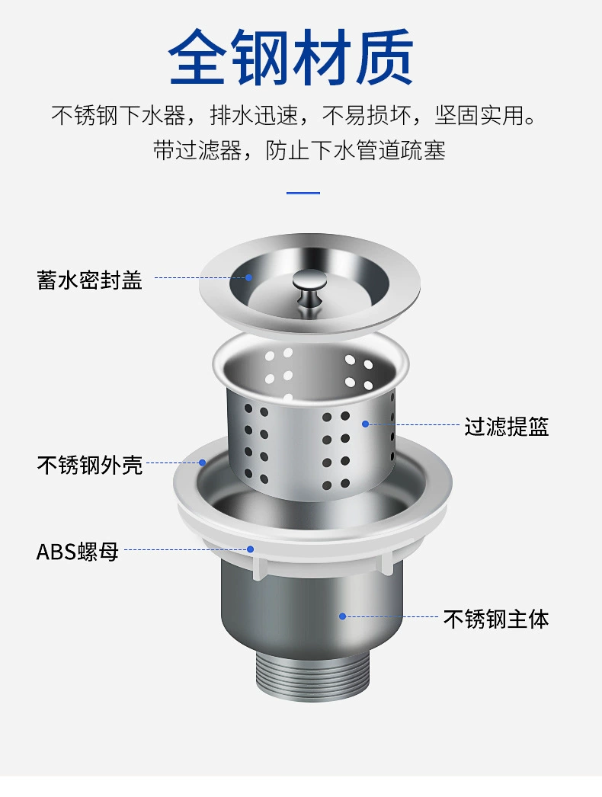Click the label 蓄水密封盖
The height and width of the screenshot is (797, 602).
coord(89,280)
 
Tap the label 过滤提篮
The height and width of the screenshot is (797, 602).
coord(507,426)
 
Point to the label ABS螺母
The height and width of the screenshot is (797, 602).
coord(77,552)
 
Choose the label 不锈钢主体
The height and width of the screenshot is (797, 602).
coord(496,619)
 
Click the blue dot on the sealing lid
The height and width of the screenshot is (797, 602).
coord(248,277)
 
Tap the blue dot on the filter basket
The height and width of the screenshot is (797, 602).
coord(365,424)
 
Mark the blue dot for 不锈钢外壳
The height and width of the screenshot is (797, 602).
coord(203,463)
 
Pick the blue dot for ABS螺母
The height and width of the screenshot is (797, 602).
coord(251,549)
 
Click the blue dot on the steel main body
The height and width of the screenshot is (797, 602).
coord(343,616)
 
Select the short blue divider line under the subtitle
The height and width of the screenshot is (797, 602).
coord(303,193)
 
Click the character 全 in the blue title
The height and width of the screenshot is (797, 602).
coord(197,56)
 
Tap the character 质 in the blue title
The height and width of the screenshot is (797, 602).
coord(385,56)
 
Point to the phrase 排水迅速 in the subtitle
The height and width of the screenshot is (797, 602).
coord(254,115)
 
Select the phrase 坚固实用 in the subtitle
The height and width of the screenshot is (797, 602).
coord(479,115)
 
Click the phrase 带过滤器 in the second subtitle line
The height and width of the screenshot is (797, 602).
coord(197,150)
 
